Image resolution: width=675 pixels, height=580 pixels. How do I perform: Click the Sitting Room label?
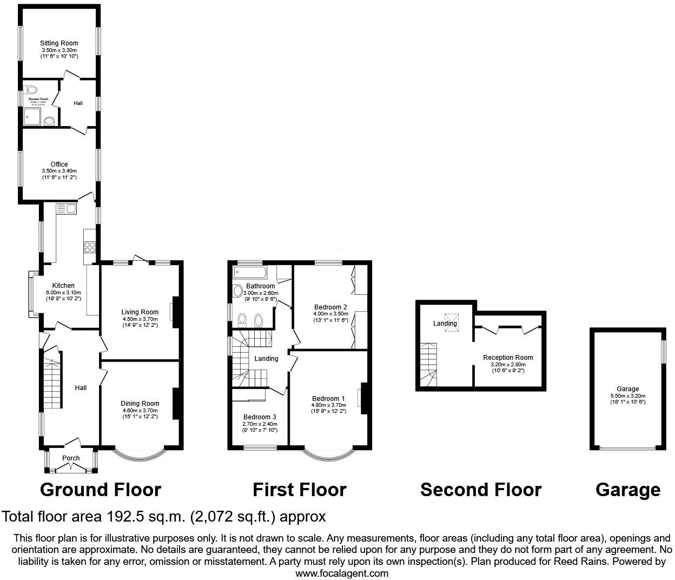point(59,43)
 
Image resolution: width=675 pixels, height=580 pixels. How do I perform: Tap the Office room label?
point(59,164)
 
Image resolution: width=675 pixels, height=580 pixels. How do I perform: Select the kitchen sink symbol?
point(67,208)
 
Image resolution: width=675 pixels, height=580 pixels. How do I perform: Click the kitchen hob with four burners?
point(90,247)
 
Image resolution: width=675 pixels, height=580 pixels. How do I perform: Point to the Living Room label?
point(140,312)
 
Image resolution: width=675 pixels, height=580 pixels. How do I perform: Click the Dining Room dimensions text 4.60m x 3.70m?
point(140,410)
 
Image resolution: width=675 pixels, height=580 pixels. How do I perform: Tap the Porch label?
point(71,458)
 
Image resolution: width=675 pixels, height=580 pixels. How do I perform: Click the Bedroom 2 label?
point(329,307)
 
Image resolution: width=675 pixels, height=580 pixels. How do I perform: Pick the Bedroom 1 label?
point(328,399)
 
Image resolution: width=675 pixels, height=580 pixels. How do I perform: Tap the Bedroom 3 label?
point(260,417)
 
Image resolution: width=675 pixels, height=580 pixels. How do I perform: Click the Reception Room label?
point(508,358)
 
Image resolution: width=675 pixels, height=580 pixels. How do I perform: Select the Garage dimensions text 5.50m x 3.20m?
point(627,396)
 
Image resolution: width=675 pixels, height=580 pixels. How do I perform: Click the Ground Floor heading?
point(101,490)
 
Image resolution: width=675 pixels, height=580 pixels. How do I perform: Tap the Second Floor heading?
point(480,490)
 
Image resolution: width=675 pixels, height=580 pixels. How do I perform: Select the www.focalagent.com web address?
point(342,573)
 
